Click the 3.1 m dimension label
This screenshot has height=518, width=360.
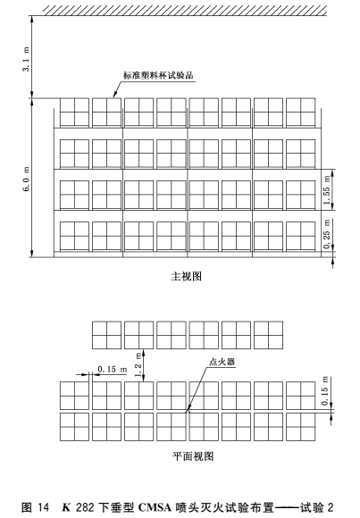(26, 59)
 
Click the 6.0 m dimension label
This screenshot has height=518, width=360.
(26, 179)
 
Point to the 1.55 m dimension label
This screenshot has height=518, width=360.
(327, 190)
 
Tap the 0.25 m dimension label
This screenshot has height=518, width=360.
(327, 234)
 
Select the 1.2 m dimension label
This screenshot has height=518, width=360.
(138, 364)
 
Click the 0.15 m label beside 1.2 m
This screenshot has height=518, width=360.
(113, 369)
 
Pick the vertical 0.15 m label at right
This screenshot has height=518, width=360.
(325, 390)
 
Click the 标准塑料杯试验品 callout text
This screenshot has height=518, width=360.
(158, 75)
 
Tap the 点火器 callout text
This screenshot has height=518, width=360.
(222, 362)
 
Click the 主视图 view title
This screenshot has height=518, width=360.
(186, 276)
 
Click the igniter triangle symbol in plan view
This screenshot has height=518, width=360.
(188, 411)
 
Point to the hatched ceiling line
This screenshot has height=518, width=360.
(185, 10)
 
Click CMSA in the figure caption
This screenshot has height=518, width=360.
(157, 506)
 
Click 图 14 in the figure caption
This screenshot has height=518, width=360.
(35, 506)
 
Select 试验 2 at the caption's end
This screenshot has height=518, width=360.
(316, 506)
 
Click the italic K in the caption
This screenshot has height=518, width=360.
(66, 506)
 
